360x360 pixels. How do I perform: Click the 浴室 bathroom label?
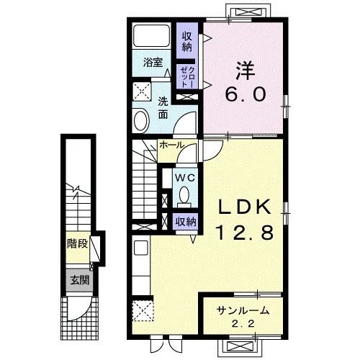153,63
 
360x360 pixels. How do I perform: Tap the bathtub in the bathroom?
152,35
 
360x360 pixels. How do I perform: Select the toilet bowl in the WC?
184,194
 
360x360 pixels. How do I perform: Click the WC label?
185,178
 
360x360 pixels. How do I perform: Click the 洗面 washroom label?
163,109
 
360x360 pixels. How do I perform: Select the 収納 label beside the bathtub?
187,42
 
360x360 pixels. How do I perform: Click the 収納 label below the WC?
186,222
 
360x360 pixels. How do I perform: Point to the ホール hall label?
171,145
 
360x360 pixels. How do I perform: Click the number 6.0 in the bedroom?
246,94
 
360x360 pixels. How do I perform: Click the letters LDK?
244,207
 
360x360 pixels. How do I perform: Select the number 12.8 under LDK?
245,233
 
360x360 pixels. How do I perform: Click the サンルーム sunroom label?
243,311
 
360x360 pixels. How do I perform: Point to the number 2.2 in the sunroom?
243,325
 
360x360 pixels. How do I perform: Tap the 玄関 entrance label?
80,280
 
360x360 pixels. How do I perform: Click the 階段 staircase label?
77,244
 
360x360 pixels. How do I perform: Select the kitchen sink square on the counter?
141,248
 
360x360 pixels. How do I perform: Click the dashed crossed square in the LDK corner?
143,310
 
